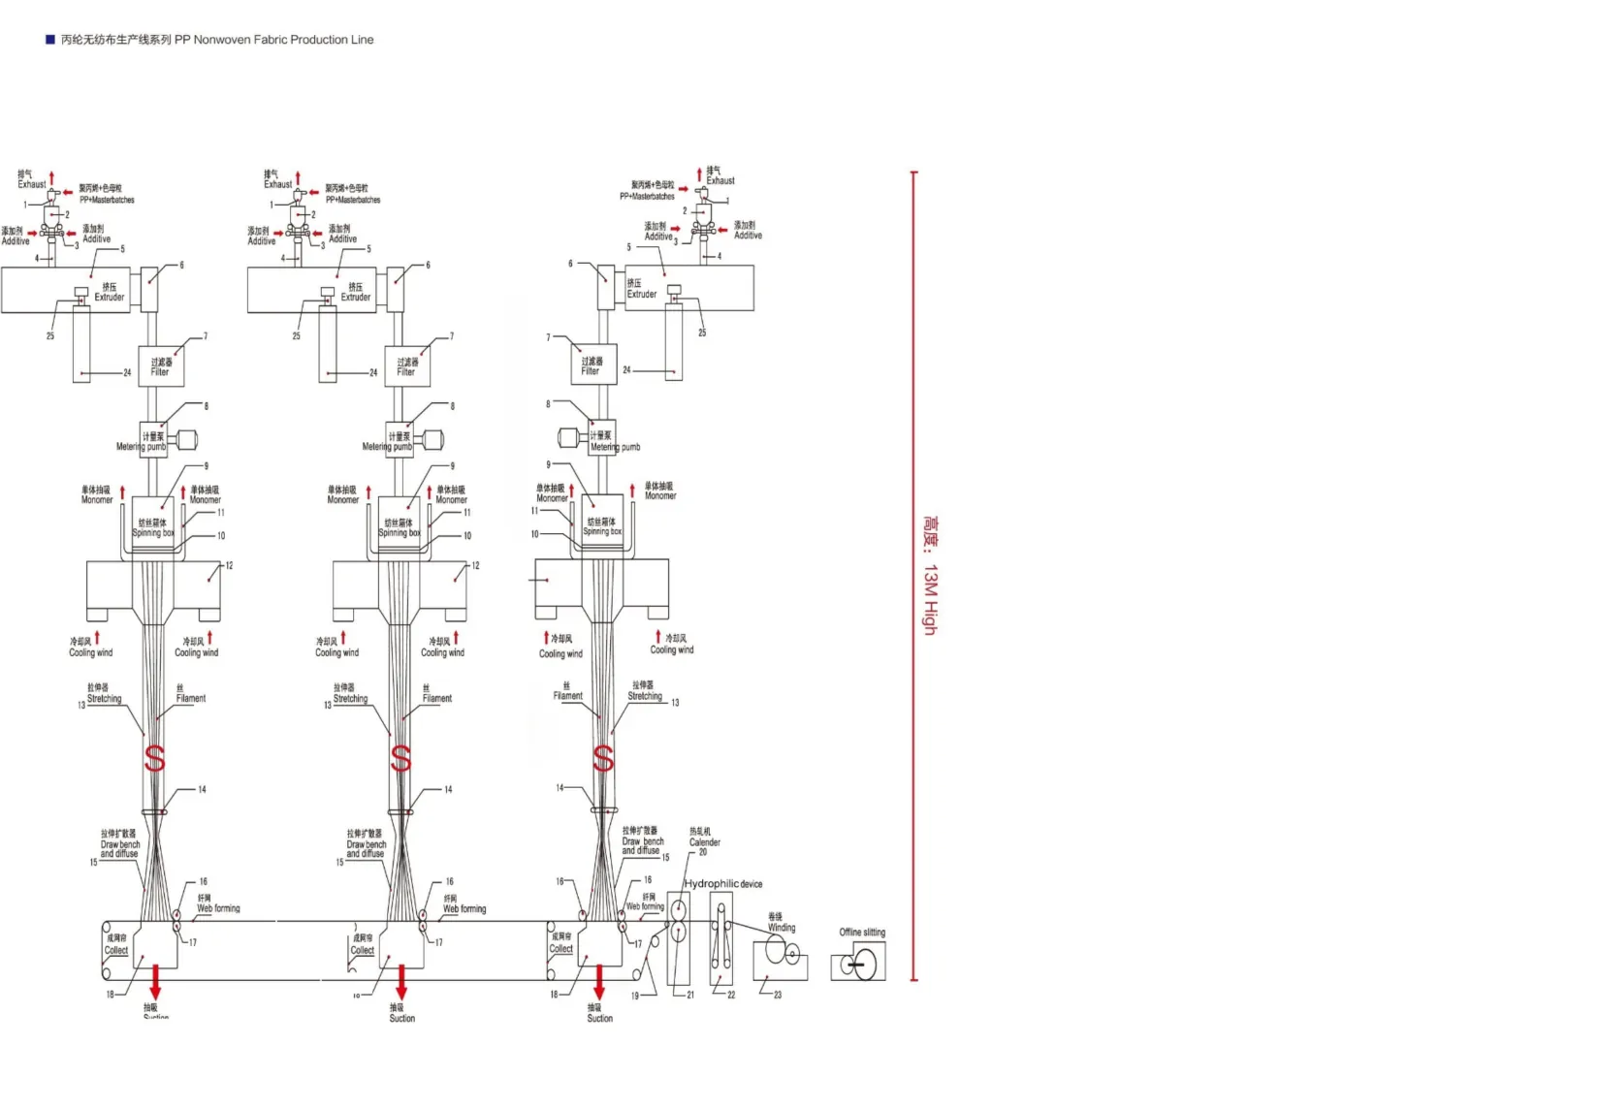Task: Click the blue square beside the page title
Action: click(50, 40)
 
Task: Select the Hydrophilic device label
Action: click(723, 884)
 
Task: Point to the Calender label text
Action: click(704, 842)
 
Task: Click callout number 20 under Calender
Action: click(703, 852)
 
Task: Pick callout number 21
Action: click(690, 995)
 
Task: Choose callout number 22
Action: click(731, 995)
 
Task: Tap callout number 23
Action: click(778, 995)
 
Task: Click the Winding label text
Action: click(782, 928)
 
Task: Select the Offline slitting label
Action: click(862, 933)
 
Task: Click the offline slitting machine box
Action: click(858, 964)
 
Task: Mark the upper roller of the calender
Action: click(679, 910)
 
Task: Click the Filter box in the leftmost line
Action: click(161, 366)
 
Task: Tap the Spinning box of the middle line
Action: click(400, 527)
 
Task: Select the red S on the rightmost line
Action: click(603, 758)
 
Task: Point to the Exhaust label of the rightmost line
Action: click(720, 180)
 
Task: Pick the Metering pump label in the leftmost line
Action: click(142, 447)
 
